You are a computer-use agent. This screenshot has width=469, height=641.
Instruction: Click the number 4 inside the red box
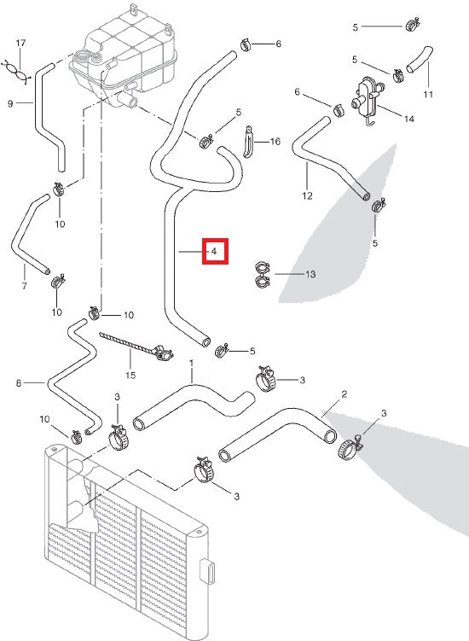point(214,253)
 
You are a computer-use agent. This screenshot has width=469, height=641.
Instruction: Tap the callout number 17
point(21,42)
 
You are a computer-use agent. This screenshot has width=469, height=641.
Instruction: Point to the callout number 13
point(310,274)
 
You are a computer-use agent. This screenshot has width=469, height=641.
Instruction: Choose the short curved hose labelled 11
point(419,62)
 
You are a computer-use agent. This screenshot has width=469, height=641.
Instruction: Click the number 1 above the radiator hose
point(192,363)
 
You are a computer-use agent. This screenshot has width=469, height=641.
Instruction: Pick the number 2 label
point(344,394)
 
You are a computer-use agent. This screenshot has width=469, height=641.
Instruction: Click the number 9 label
point(10,104)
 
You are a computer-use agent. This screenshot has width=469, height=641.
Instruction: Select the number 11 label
point(429,94)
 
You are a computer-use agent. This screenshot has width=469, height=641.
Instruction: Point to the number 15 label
point(130,375)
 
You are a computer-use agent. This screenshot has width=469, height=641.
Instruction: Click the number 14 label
point(409,119)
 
